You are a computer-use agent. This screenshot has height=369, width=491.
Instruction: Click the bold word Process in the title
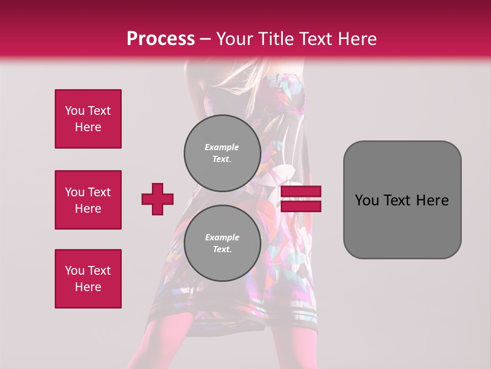[x=161, y=39]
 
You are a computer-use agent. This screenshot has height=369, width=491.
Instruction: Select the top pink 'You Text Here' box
[x=88, y=119]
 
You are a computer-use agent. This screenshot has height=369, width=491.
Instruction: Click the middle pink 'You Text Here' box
[x=88, y=200]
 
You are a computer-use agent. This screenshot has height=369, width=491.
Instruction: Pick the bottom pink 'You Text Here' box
[x=88, y=279]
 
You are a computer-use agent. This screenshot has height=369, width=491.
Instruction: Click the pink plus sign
[x=158, y=199]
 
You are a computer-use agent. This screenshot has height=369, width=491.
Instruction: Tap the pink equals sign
[x=301, y=199]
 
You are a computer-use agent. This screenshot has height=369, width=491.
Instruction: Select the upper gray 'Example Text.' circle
[x=222, y=153]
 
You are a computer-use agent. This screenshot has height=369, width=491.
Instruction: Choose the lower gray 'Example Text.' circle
[x=222, y=243]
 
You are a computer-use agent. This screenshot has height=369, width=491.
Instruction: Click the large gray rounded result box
[x=402, y=200]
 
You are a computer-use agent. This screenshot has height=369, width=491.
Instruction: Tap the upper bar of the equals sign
[x=301, y=192]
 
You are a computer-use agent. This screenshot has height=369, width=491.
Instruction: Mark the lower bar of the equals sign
[x=301, y=207]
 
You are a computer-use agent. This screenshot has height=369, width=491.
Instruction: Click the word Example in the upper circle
[x=221, y=147]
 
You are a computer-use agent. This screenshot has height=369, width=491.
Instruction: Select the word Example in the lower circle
[x=221, y=237]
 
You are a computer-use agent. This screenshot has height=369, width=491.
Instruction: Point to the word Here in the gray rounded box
[x=433, y=200]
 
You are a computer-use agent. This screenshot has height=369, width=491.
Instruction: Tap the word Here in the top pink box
[x=88, y=127]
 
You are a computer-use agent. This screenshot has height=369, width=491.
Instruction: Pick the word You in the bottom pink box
[x=75, y=271]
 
